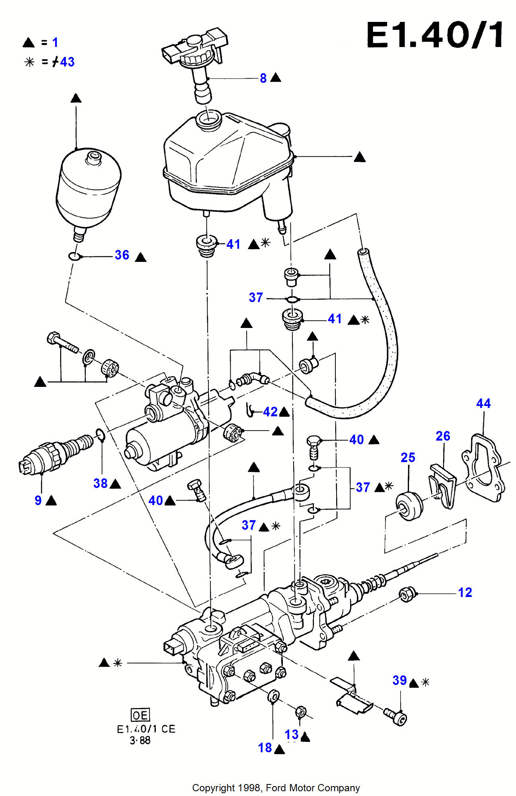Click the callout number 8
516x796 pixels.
click(x=263, y=78)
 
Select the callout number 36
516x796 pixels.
click(x=122, y=255)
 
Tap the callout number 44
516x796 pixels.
click(x=483, y=404)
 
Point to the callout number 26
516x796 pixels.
click(x=443, y=436)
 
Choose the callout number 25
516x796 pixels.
click(x=408, y=458)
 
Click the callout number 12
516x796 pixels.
click(x=465, y=593)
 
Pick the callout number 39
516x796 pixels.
click(x=399, y=681)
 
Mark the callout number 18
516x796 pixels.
click(x=265, y=748)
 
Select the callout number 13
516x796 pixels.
click(x=292, y=735)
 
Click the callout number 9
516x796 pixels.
click(x=38, y=500)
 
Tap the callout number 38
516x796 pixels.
click(x=100, y=484)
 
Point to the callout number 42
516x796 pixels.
click(x=270, y=412)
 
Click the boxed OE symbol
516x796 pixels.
click(x=140, y=715)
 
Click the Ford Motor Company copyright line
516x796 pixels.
click(x=276, y=788)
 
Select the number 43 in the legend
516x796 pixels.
click(x=67, y=62)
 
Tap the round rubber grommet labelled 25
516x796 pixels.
click(x=409, y=506)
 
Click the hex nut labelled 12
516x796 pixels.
click(x=407, y=595)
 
